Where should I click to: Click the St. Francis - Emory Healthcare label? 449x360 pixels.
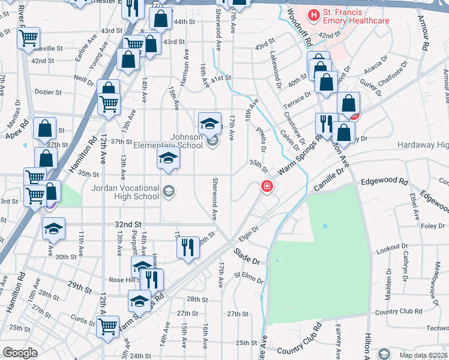[x=356, y=16]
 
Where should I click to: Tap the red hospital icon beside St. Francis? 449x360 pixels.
[x=313, y=14]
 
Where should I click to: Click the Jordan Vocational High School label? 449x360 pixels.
[x=125, y=192]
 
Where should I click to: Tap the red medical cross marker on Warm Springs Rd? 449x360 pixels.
[x=265, y=187]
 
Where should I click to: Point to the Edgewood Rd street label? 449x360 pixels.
[x=384, y=182]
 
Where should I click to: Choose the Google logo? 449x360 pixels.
[x=20, y=352]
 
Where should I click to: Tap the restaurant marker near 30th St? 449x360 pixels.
[x=188, y=246]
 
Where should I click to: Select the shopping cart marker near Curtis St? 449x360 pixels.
[x=108, y=327]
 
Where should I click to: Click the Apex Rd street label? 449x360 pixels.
[x=18, y=130]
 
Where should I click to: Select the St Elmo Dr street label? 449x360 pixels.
[x=249, y=277]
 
